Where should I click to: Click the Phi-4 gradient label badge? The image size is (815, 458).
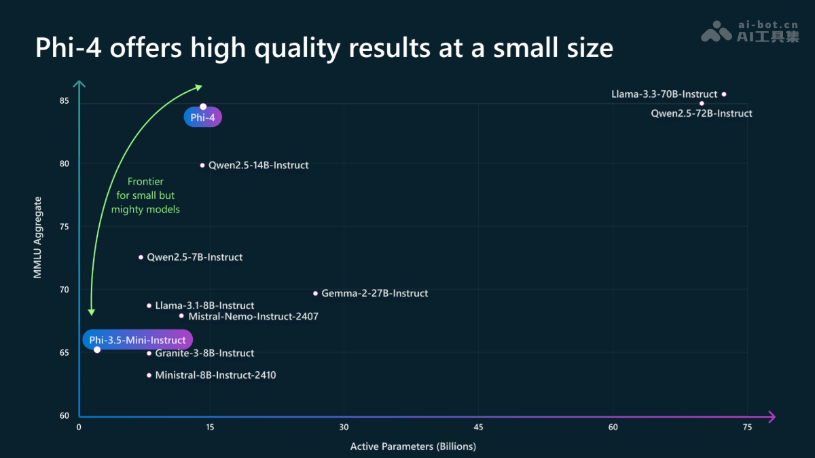(x=203, y=118)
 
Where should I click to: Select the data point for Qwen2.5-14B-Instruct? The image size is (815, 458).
(x=202, y=165)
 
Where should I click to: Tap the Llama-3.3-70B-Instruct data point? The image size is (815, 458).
(x=724, y=94)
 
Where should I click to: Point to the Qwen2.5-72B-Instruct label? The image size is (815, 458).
(x=702, y=114)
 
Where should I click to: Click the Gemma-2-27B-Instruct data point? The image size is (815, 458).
(x=315, y=293)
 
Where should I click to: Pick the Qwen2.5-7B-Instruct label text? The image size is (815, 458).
(x=194, y=257)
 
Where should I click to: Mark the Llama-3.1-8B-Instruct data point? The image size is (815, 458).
(x=149, y=305)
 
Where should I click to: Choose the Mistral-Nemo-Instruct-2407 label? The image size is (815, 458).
(x=253, y=316)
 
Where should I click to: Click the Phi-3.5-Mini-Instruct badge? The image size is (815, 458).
(x=137, y=340)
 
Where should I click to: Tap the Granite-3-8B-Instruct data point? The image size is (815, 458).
(x=149, y=353)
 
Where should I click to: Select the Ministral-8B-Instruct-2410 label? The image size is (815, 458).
(x=215, y=375)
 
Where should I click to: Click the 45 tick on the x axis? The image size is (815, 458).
(x=478, y=427)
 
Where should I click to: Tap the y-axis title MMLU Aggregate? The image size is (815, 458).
(x=39, y=237)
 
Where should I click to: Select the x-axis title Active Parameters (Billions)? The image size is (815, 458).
(x=413, y=446)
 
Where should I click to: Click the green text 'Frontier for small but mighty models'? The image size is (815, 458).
(x=145, y=195)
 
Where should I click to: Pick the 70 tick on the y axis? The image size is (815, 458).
(x=65, y=290)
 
